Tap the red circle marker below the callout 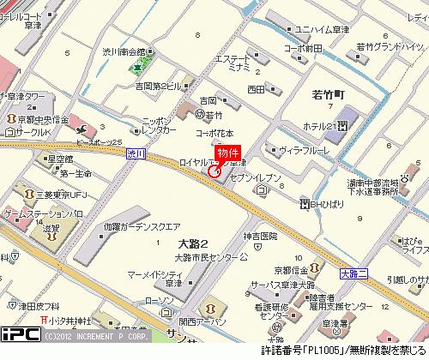[214, 171]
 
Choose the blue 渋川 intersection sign [135, 153]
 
